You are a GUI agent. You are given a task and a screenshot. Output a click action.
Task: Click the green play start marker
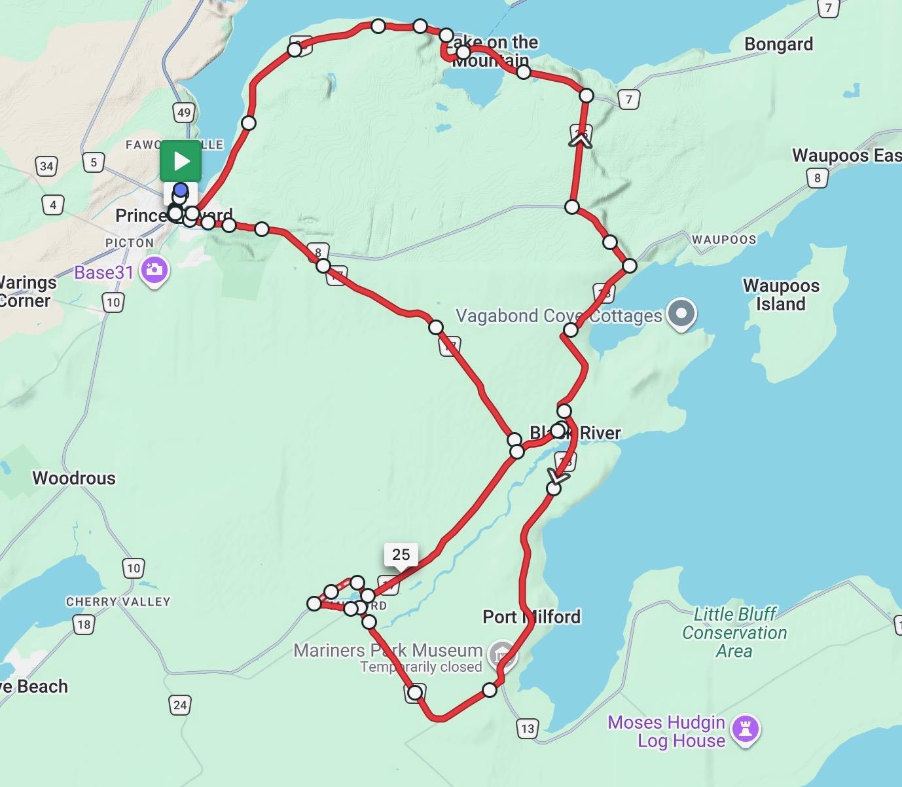coord(181,161)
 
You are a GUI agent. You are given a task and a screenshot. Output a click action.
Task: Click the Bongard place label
coord(778,45)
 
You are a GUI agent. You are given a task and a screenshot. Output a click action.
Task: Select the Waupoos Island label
coord(780,295)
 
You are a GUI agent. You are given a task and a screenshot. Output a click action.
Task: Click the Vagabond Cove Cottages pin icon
coord(681,314)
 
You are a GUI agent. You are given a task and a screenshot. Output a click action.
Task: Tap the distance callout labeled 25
coord(401,555)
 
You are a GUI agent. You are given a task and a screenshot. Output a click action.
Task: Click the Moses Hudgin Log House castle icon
coord(745,728)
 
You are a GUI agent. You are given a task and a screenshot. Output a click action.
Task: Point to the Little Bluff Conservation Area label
coord(734,632)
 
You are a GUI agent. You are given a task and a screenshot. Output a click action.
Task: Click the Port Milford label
coord(532,617)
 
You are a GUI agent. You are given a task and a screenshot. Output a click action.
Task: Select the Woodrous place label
coord(74,478)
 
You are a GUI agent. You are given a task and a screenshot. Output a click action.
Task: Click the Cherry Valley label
coord(118,601)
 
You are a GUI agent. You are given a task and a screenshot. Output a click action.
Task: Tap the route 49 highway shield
coord(184,113)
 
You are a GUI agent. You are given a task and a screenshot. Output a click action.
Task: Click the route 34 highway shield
coord(46,166)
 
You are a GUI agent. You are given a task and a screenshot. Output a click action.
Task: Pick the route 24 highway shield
coord(180,705)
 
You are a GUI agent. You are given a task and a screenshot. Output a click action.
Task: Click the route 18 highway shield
coord(84,625)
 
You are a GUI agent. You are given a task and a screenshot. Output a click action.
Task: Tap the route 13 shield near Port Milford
coord(528,728)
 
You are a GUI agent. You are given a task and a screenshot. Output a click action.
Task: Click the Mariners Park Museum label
coord(388,650)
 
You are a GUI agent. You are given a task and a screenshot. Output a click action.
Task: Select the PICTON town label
coord(130,243)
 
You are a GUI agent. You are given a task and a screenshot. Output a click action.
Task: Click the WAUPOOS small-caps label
coord(724,240)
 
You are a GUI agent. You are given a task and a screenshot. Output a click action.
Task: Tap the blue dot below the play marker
coord(181,191)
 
